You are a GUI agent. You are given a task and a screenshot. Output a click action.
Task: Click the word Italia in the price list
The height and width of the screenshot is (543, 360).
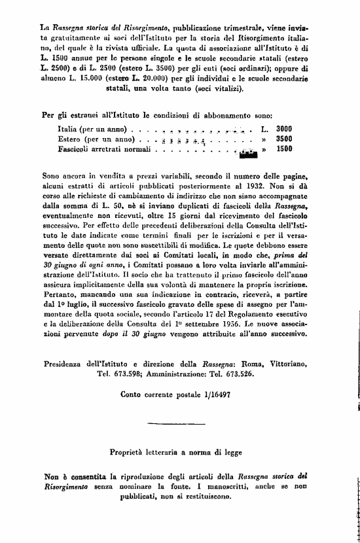coord(68,130)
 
